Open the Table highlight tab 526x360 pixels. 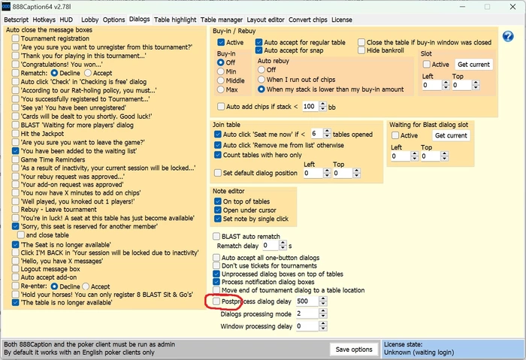[x=175, y=20]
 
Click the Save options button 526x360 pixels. [x=354, y=349]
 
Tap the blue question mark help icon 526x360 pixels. [x=508, y=36]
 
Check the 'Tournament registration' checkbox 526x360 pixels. [x=16, y=38]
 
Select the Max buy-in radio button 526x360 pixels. [x=220, y=89]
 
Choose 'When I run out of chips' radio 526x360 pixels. [x=261, y=80]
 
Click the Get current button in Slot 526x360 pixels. [x=473, y=65]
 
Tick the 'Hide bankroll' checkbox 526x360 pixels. [x=361, y=50]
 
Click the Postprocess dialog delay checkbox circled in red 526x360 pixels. [x=216, y=301]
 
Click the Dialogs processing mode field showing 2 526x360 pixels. [x=307, y=313]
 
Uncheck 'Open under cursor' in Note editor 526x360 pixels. [x=218, y=210]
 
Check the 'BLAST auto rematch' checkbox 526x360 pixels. [x=216, y=236]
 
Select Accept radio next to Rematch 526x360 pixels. [x=88, y=73]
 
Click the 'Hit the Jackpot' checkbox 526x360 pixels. [x=16, y=134]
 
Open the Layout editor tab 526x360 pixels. [x=265, y=20]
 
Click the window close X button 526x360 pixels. [x=512, y=7]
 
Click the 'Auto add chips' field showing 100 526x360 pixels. [x=310, y=107]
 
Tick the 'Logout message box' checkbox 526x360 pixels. [x=16, y=269]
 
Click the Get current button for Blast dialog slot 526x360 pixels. [x=451, y=135]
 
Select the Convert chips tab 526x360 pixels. [x=307, y=20]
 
